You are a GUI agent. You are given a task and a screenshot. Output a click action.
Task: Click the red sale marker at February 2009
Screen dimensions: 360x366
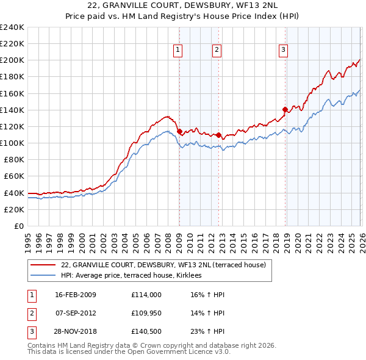coord(179,131)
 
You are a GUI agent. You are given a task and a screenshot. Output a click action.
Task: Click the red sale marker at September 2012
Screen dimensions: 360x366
coord(218,135)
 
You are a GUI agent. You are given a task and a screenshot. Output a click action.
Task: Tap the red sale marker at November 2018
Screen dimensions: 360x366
coord(285,109)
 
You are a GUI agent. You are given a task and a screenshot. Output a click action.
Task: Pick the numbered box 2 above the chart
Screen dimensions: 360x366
coord(217,51)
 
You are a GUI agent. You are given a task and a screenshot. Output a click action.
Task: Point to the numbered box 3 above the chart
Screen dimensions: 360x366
coord(284,51)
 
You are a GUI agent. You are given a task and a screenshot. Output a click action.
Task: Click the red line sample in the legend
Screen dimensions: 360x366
coord(42,265)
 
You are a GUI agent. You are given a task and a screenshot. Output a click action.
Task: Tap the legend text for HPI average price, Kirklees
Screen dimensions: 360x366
coord(135,276)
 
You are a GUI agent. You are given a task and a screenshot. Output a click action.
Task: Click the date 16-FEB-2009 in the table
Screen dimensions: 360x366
coord(76,295)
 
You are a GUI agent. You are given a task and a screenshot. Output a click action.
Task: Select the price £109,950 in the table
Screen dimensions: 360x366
coord(146,313)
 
